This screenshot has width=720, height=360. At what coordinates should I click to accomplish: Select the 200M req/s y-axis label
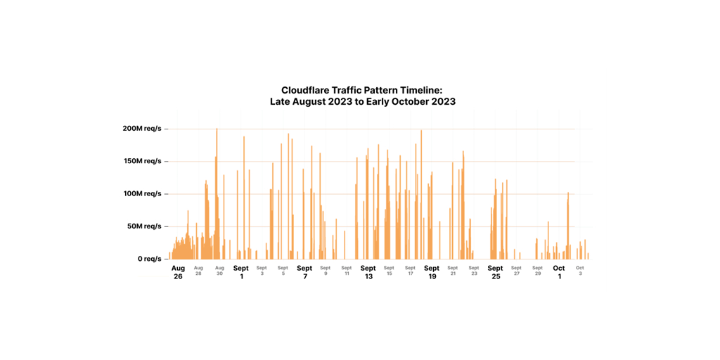coord(141,129)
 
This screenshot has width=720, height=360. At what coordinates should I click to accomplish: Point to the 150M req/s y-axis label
coord(141,161)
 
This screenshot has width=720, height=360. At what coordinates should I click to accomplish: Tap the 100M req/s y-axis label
coord(141,193)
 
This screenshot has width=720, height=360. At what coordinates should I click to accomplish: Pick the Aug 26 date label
coord(178,272)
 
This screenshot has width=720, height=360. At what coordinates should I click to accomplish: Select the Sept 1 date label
coord(241,272)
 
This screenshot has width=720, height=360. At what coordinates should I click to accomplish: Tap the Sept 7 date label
coord(304,272)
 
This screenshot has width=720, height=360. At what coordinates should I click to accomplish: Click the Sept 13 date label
coord(368,272)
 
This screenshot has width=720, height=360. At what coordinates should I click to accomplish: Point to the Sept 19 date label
coord(432,272)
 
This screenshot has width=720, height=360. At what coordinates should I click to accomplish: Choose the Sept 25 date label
coord(496,272)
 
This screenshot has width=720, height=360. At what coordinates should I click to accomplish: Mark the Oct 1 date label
coord(559,272)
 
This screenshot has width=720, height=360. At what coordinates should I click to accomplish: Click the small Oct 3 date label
coord(580,270)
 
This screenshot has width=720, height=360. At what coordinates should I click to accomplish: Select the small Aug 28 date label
coord(198,270)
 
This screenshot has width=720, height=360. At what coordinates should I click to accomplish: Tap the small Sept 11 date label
coord(347,270)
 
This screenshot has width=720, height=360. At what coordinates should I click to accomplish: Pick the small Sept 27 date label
coord(516,270)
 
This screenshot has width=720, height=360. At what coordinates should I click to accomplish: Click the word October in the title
coord(413,101)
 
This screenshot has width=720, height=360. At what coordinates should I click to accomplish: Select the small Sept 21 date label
coord(453,270)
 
